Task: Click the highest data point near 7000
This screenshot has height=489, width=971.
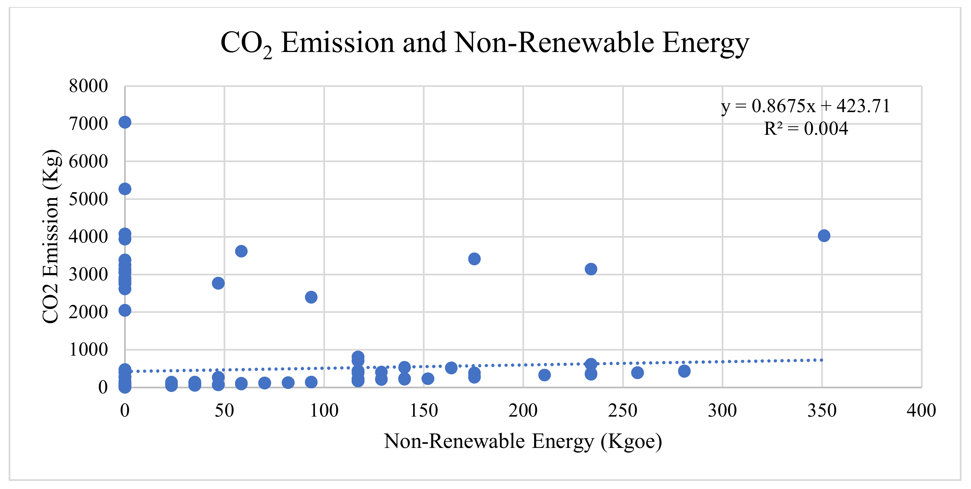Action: click(x=125, y=122)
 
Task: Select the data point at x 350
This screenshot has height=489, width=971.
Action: click(x=824, y=236)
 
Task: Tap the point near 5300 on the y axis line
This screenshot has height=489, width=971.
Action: click(x=125, y=189)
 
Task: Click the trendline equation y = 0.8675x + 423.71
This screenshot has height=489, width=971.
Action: click(x=805, y=106)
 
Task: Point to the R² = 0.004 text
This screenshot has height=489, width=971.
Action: click(x=806, y=129)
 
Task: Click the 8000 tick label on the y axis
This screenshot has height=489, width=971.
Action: click(x=88, y=86)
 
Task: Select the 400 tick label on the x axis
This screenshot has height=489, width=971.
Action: click(x=921, y=410)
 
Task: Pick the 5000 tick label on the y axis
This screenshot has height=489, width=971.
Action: click(x=88, y=199)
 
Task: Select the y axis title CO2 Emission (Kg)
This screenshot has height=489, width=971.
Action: click(x=51, y=237)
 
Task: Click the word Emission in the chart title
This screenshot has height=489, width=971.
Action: click(x=337, y=42)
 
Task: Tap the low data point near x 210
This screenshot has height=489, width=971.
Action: click(x=544, y=375)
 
